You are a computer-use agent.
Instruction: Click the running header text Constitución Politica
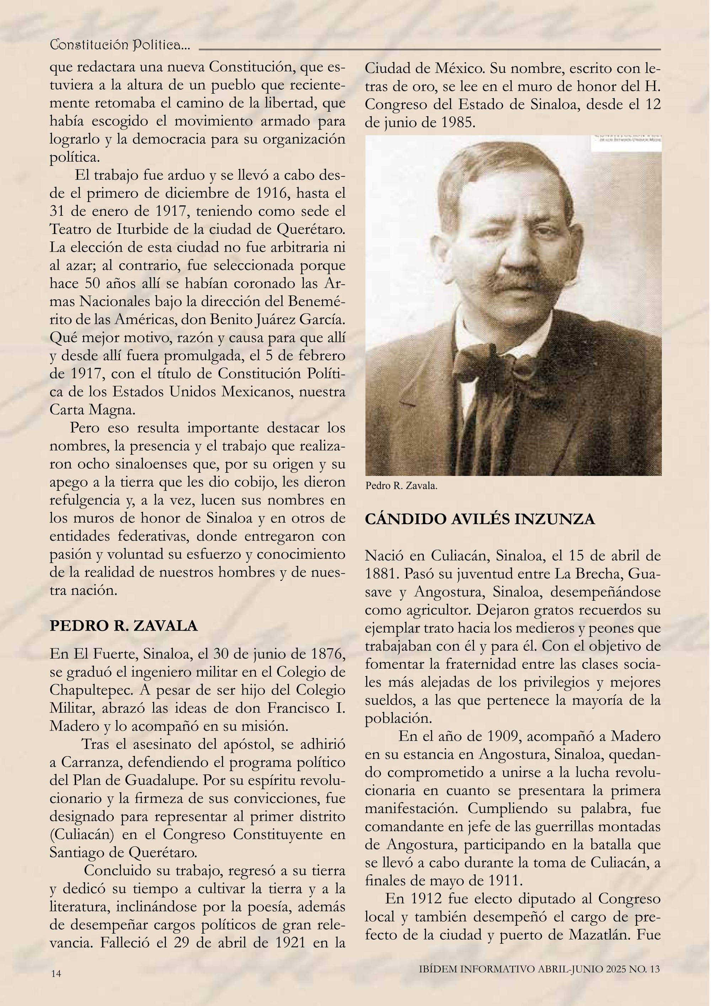pyautogui.click(x=120, y=45)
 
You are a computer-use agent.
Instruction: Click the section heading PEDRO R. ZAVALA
pyautogui.click(x=124, y=626)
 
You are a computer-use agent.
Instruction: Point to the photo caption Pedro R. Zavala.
pyautogui.click(x=401, y=486)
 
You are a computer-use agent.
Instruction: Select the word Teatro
pyautogui.click(x=70, y=230)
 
